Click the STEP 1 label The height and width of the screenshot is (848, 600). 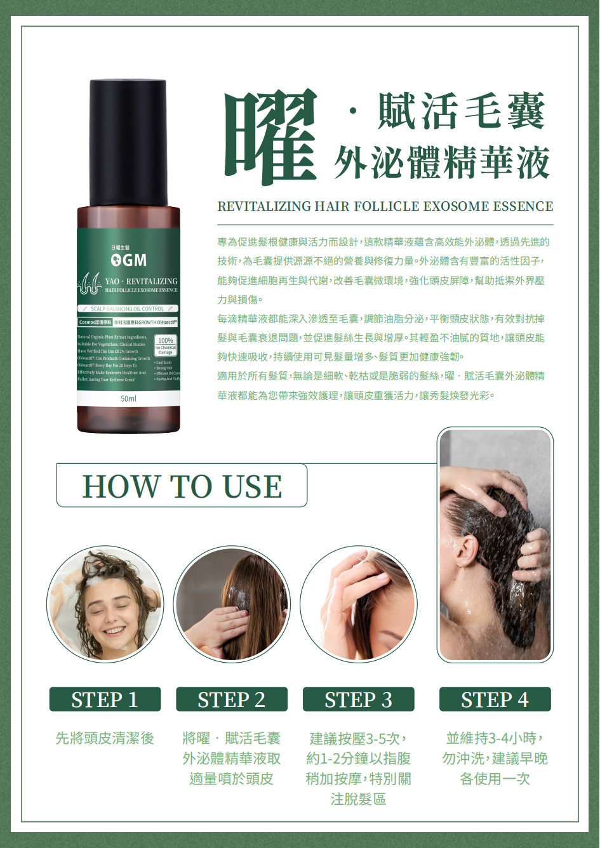(x=105, y=699)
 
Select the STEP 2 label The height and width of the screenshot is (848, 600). (x=232, y=699)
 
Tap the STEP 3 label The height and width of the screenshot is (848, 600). (x=359, y=699)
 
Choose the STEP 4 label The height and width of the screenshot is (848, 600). (x=495, y=699)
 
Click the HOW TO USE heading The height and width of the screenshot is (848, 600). (x=182, y=486)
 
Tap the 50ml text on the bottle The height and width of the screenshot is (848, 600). (x=128, y=399)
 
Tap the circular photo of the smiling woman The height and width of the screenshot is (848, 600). (x=105, y=605)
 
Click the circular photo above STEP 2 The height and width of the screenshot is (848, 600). (x=232, y=605)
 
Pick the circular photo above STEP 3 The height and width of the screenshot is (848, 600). (x=359, y=605)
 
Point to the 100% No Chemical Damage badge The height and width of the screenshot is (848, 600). (x=166, y=345)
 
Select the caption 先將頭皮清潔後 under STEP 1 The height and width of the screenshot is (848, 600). (x=105, y=738)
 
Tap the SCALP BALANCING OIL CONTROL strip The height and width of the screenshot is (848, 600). (x=128, y=309)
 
